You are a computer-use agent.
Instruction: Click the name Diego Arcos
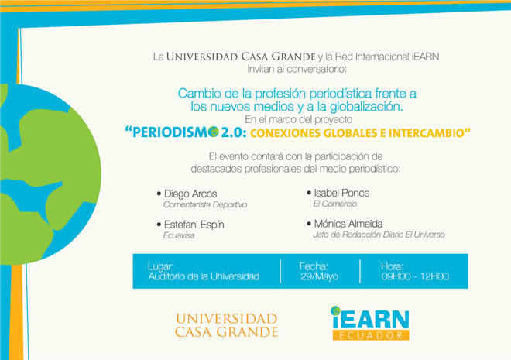click(x=190, y=194)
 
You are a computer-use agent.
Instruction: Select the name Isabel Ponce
click(x=341, y=194)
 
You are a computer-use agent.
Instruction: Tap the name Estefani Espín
click(x=194, y=225)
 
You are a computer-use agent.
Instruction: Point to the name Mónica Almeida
click(x=348, y=224)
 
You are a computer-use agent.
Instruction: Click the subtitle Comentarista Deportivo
click(x=205, y=204)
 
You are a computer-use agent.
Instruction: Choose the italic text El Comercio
click(x=334, y=204)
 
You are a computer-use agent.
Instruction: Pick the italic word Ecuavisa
click(x=179, y=235)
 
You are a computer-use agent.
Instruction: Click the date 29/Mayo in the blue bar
click(x=319, y=276)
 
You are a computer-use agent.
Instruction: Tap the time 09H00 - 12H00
click(x=415, y=276)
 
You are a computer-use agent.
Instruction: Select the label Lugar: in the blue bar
click(x=161, y=266)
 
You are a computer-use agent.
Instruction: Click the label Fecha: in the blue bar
click(x=314, y=266)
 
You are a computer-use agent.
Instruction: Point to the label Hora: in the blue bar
click(x=392, y=266)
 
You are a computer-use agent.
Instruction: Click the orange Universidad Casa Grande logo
click(x=226, y=325)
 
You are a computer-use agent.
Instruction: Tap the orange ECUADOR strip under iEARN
click(x=371, y=335)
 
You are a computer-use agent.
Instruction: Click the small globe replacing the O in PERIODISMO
click(x=213, y=132)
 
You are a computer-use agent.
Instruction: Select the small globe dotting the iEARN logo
click(x=335, y=310)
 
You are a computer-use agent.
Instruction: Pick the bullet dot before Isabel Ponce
click(x=309, y=193)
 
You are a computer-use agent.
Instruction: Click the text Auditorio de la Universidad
click(x=204, y=276)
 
